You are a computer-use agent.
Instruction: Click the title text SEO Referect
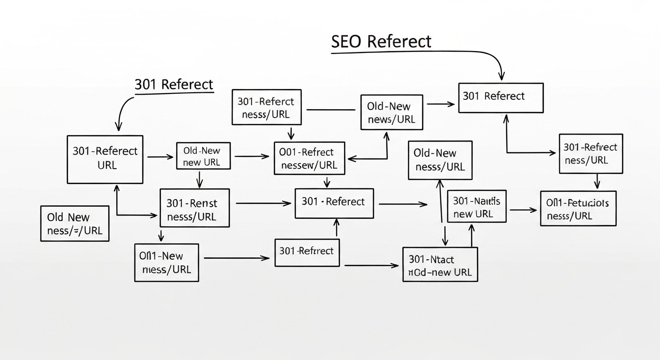click(381, 42)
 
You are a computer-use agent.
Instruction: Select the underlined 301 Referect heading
click(173, 85)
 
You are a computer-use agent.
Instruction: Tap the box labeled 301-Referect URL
click(105, 158)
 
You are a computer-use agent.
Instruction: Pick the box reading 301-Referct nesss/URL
click(266, 108)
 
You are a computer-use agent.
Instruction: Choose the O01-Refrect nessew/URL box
click(309, 158)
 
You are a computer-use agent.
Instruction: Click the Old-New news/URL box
click(391, 112)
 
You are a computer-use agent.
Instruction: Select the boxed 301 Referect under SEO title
click(500, 97)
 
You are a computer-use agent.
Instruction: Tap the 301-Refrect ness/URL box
click(591, 154)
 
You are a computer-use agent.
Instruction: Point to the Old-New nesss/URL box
click(440, 160)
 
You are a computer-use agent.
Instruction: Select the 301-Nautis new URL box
click(477, 207)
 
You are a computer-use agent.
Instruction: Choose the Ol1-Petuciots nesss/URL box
click(577, 209)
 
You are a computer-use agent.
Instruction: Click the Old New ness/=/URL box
click(75, 224)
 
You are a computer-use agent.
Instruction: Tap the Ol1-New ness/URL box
click(166, 262)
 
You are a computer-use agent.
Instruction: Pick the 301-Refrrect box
click(307, 252)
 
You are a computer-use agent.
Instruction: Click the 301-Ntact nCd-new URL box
click(440, 265)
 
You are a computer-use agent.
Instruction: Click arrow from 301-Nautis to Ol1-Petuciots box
click(523, 210)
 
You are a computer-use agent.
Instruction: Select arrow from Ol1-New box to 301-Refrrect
click(236, 258)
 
